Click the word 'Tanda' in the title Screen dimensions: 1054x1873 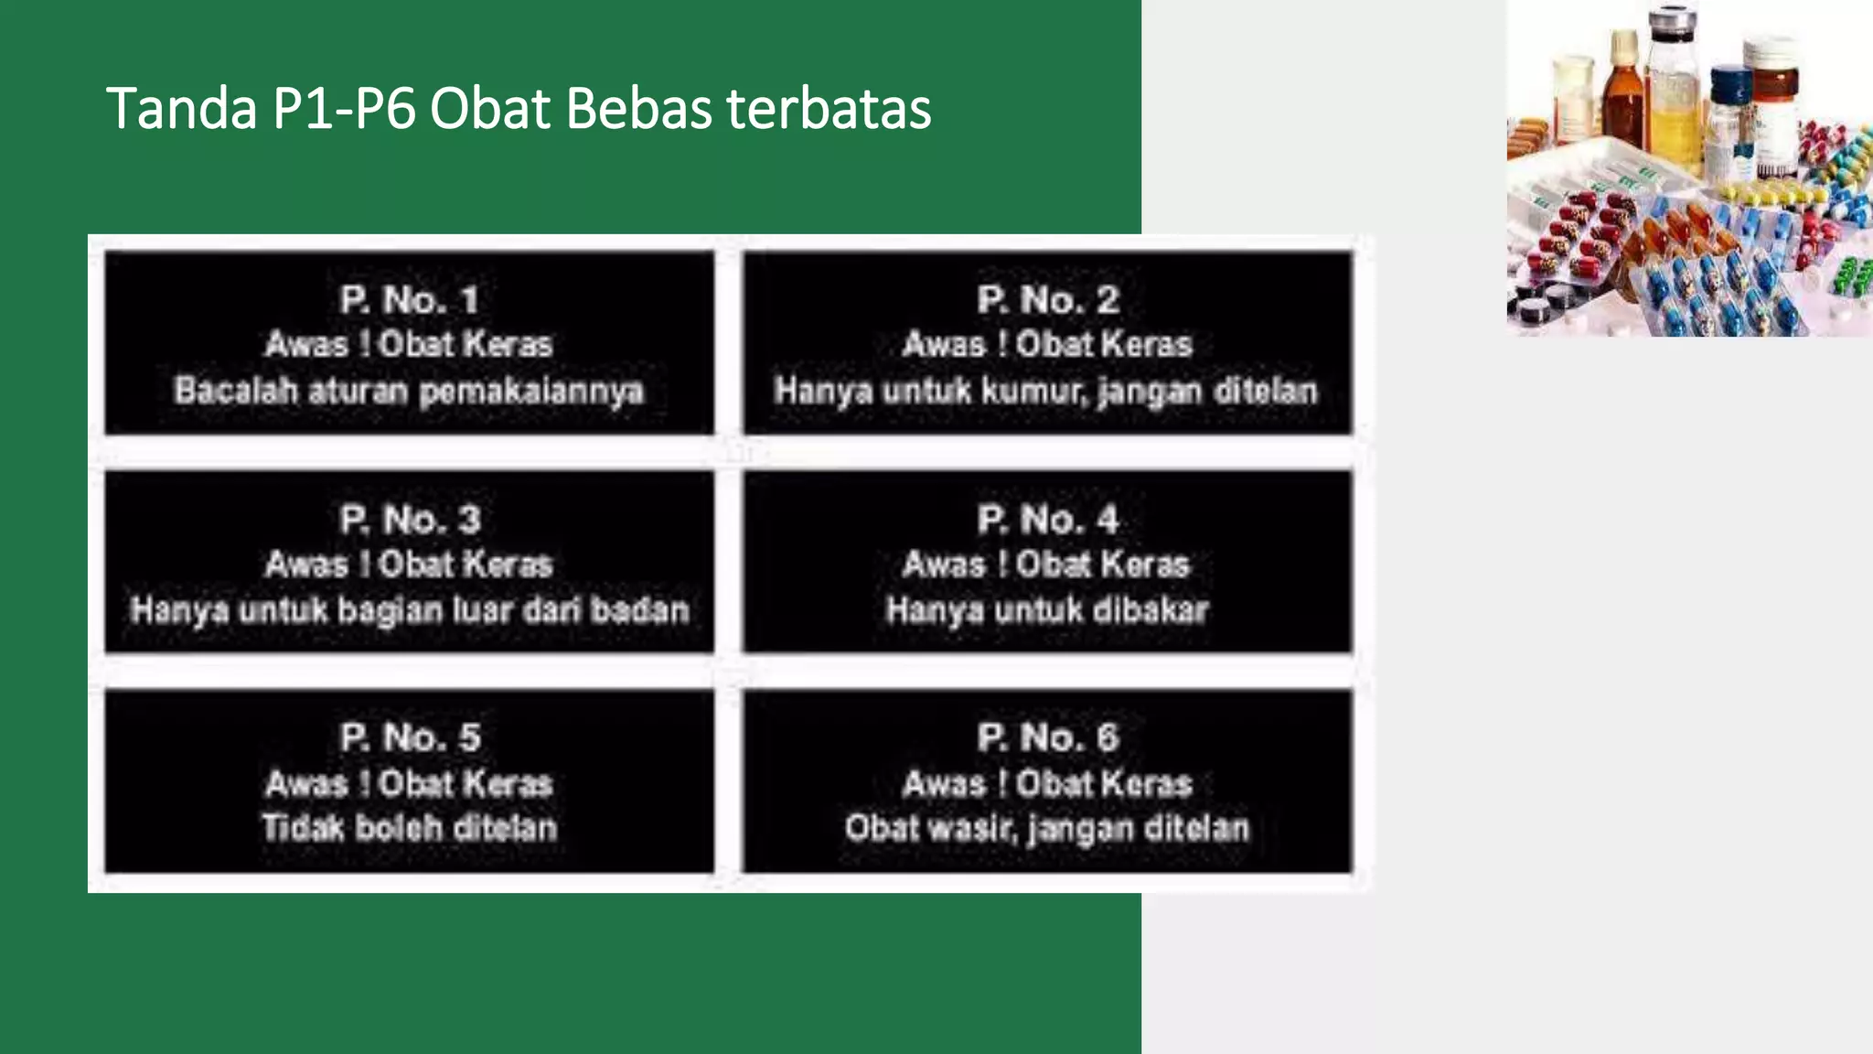click(x=181, y=109)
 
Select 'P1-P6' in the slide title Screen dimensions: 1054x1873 click(x=344, y=109)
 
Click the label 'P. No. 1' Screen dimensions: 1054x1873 click(x=409, y=300)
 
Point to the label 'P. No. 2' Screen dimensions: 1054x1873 click(x=1047, y=300)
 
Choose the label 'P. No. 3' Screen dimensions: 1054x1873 click(x=409, y=520)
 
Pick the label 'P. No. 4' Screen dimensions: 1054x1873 click(x=1047, y=520)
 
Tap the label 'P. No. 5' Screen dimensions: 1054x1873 click(x=409, y=737)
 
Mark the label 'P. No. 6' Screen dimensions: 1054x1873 click(x=1047, y=737)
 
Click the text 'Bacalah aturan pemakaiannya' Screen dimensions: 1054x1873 click(x=409, y=391)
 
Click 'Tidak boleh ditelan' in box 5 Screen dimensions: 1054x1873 click(x=409, y=828)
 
